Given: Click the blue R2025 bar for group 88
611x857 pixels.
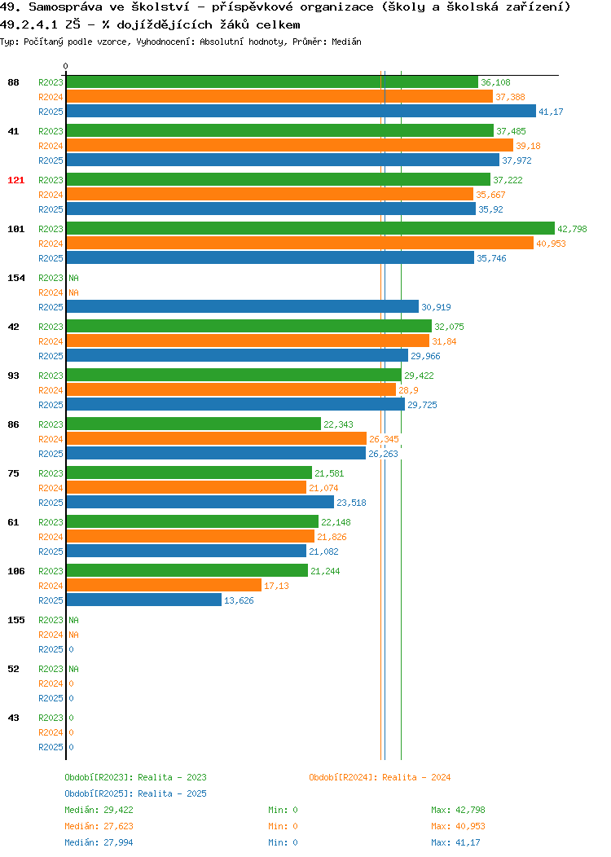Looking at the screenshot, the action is pyautogui.click(x=301, y=112).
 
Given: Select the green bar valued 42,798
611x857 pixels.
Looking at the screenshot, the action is pyautogui.click(x=310, y=228).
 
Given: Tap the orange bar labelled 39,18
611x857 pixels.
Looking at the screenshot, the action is pyautogui.click(x=290, y=145).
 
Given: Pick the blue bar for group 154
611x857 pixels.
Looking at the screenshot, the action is pyautogui.click(x=243, y=306).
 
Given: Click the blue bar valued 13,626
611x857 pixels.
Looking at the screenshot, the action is pyautogui.click(x=144, y=600).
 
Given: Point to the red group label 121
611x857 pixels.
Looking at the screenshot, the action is pyautogui.click(x=15, y=180).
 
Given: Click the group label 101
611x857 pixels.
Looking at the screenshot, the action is pyautogui.click(x=15, y=229).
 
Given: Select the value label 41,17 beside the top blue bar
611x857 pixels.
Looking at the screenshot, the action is pyautogui.click(x=551, y=112).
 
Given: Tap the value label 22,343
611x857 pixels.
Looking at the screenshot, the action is pyautogui.click(x=338, y=424).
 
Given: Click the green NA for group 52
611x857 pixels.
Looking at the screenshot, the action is pyautogui.click(x=74, y=669).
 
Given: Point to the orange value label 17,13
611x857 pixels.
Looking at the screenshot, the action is pyautogui.click(x=276, y=586).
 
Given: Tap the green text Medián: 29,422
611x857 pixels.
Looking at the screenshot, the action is pyautogui.click(x=99, y=810).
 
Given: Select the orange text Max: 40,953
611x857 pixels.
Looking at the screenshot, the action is pyautogui.click(x=458, y=826).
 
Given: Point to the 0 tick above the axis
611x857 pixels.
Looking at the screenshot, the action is pyautogui.click(x=66, y=66).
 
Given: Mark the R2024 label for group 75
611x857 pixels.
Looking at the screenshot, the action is pyautogui.click(x=51, y=488).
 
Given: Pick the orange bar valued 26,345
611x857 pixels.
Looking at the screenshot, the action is pyautogui.click(x=217, y=438).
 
